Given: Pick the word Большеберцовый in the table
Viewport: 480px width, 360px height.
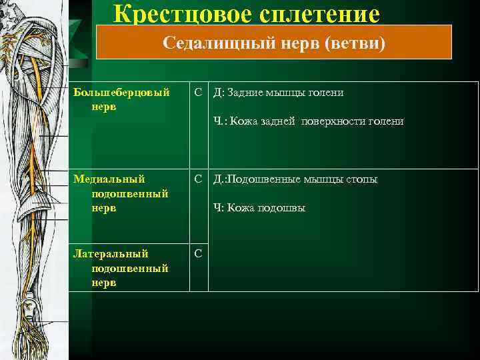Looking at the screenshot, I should (121, 93).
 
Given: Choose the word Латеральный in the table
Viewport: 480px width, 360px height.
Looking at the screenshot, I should (111, 254).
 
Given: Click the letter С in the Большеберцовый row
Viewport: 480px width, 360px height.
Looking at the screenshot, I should (199, 93).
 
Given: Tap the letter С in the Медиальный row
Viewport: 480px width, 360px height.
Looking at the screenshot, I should (199, 179).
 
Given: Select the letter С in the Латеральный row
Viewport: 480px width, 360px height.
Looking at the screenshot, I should (199, 254).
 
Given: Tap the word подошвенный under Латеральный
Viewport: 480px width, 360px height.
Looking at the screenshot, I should (130, 268).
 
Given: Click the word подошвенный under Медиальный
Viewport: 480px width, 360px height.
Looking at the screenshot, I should (130, 193).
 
